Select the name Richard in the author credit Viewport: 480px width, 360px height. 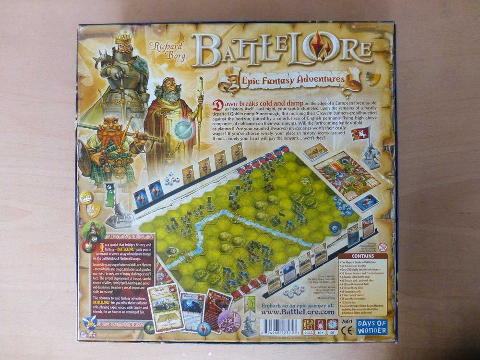click(x=167, y=46)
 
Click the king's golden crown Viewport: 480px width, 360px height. click(x=123, y=36)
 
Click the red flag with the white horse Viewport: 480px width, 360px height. click(x=360, y=133)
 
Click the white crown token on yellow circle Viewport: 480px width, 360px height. click(x=86, y=197)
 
